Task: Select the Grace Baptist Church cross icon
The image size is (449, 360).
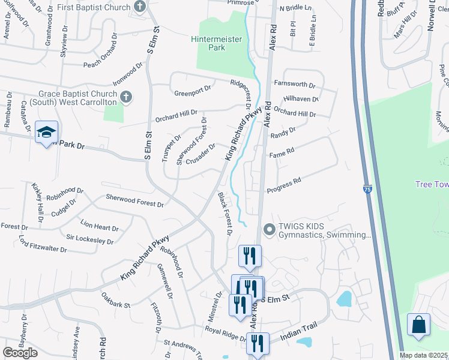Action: (125, 96)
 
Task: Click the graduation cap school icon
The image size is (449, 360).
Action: (46, 133)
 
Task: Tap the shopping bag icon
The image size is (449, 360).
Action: (418, 325)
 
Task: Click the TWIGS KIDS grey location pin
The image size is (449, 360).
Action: (268, 229)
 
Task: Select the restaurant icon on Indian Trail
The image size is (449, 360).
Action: (258, 343)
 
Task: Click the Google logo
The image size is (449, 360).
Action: (20, 352)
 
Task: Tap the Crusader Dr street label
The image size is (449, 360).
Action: (200, 155)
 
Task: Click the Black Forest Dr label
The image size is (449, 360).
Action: (225, 212)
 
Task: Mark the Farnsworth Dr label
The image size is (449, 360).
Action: (294, 85)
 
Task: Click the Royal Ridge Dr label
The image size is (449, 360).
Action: (223, 330)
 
